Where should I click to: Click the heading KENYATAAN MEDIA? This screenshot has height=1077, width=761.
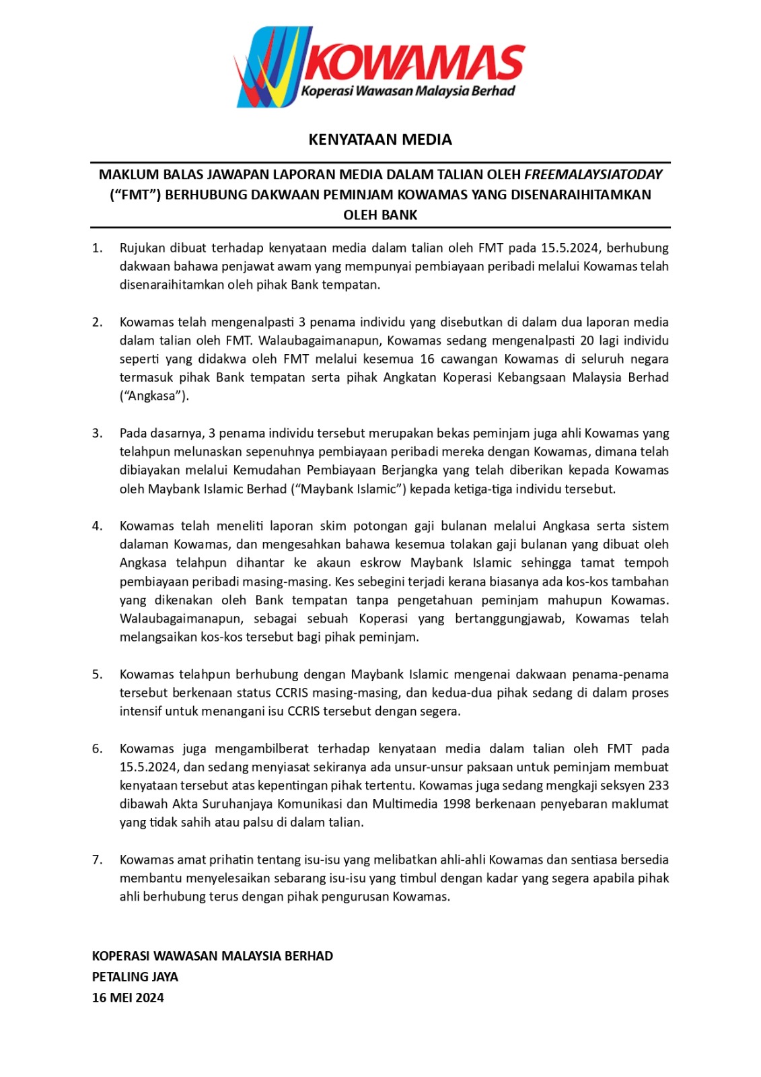coord(380,140)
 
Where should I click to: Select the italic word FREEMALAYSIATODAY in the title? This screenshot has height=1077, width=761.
coord(593,175)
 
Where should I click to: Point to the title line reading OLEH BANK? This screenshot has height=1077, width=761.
coord(380,215)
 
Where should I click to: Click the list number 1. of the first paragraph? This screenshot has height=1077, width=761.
coord(98,248)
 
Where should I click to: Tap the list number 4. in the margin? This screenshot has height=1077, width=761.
coord(98,526)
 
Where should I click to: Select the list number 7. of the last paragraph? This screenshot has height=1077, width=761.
coord(98,860)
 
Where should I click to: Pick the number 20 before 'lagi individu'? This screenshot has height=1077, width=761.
coord(587,341)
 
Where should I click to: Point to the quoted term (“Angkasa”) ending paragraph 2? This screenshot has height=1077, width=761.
coord(154,396)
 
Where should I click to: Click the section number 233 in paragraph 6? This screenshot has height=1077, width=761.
coord(658,786)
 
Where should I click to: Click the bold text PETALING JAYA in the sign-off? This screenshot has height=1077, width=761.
coord(135,977)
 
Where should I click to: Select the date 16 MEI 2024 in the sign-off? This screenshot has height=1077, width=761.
coord(128,998)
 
